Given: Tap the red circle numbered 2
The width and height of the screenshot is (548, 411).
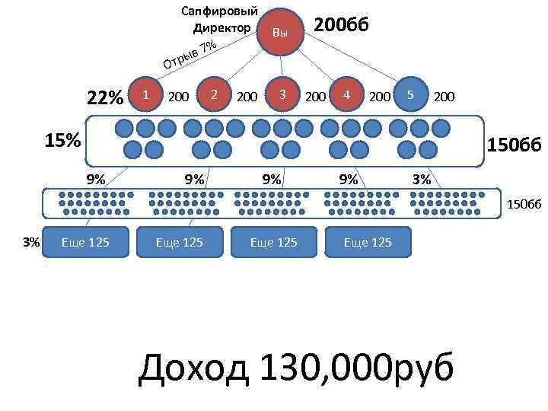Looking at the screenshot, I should click(x=215, y=94).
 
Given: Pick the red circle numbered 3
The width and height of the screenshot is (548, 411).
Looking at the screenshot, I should click(x=282, y=94).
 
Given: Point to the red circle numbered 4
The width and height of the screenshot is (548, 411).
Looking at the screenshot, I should click(x=346, y=94).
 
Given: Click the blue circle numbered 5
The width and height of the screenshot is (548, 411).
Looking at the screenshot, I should click(x=410, y=94).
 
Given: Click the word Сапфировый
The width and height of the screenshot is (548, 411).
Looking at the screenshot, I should click(x=221, y=11).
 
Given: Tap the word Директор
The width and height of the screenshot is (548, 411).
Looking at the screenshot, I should click(x=222, y=28).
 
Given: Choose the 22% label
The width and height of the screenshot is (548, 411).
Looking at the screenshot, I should click(x=105, y=98).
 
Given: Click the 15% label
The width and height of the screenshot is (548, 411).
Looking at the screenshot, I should click(x=62, y=142).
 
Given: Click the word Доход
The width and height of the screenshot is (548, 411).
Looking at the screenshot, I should click(x=195, y=369).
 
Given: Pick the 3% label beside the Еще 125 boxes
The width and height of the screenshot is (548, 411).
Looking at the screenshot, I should click(x=30, y=243).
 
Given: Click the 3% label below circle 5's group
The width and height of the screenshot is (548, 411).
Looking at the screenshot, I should click(x=421, y=180).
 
